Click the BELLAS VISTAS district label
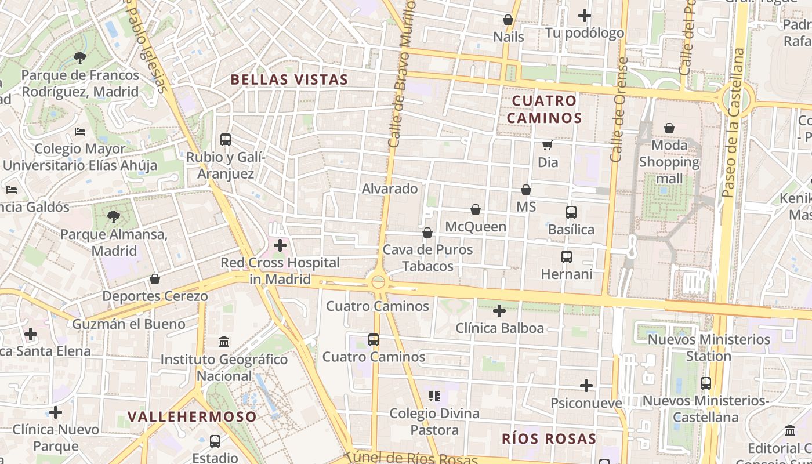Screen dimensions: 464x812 [x=289, y=79]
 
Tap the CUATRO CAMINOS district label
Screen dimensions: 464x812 [x=544, y=110]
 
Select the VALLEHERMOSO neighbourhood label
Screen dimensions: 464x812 [x=192, y=416]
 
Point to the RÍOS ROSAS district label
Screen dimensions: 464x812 [x=549, y=438]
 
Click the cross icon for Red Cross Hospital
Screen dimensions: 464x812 [x=280, y=245]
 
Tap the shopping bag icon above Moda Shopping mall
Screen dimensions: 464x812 [x=669, y=128]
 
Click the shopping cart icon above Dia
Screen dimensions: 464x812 [x=547, y=145]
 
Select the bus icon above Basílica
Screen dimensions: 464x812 [x=571, y=212]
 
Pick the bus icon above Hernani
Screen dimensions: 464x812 [x=567, y=256]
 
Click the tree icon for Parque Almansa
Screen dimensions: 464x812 [x=114, y=217]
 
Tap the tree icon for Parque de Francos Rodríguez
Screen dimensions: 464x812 [x=80, y=57]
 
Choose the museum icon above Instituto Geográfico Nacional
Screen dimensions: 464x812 [x=224, y=342]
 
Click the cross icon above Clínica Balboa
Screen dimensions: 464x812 [x=499, y=311]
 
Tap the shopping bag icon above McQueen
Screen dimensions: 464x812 [x=476, y=209]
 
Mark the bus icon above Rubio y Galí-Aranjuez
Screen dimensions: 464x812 [x=226, y=140]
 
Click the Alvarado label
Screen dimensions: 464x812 [x=390, y=188]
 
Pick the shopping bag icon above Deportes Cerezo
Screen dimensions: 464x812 [x=155, y=280]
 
